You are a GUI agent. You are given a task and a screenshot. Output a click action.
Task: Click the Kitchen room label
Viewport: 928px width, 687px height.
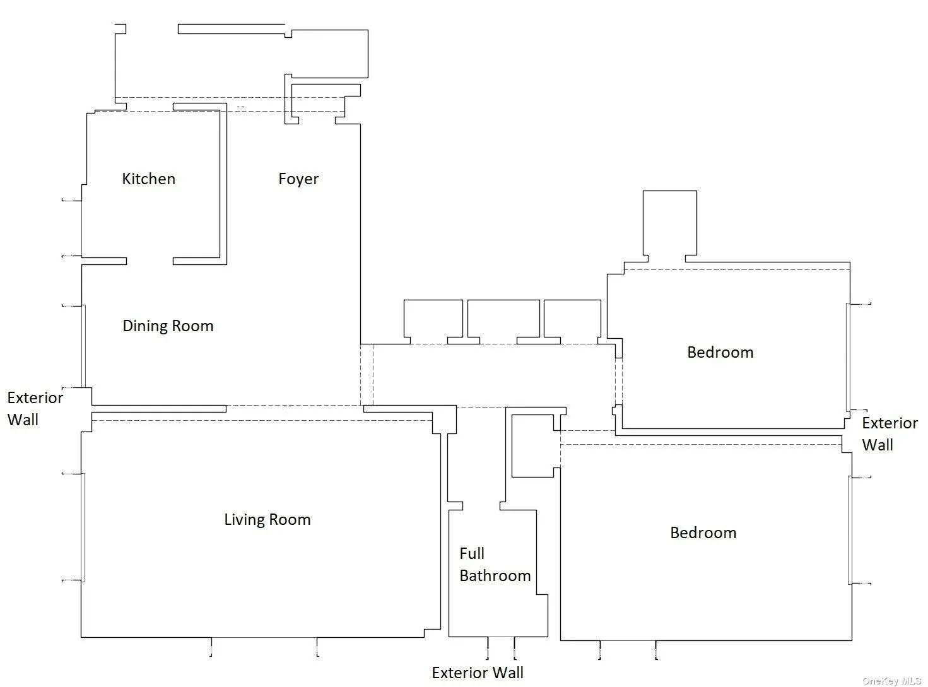[x=148, y=179]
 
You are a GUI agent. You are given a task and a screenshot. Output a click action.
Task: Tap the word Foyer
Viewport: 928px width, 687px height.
[x=298, y=179]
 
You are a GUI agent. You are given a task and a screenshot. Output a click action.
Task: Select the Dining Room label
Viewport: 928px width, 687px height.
[x=168, y=326]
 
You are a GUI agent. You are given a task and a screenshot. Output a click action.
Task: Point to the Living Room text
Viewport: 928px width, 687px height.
[x=267, y=520]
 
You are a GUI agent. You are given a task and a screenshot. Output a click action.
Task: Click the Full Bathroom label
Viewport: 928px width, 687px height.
[x=494, y=565]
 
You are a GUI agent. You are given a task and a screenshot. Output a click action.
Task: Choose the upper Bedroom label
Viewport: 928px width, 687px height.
[x=720, y=353]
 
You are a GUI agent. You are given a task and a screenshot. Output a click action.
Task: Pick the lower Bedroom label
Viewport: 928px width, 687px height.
[x=703, y=533]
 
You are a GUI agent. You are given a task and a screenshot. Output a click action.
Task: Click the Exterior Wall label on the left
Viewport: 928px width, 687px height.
[x=35, y=409]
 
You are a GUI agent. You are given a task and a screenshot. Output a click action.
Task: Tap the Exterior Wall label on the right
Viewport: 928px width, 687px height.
[x=890, y=434]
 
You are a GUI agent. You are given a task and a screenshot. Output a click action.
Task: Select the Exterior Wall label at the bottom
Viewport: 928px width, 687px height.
[x=478, y=673]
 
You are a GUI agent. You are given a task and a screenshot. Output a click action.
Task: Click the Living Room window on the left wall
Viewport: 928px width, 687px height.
[x=83, y=527]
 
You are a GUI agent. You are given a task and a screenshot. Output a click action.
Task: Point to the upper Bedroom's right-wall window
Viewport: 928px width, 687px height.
[x=849, y=356]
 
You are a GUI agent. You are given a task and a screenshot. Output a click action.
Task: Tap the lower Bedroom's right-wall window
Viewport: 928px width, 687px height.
[x=850, y=530]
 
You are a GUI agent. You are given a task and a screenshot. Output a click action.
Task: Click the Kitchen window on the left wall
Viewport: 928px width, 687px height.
[x=81, y=228]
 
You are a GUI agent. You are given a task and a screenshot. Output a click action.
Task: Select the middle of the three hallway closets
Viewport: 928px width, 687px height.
[x=503, y=320]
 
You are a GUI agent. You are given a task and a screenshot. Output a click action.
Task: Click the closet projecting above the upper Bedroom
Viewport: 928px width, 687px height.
[x=669, y=224]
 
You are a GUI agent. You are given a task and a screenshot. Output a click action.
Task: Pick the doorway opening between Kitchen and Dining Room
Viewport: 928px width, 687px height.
[x=150, y=261]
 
